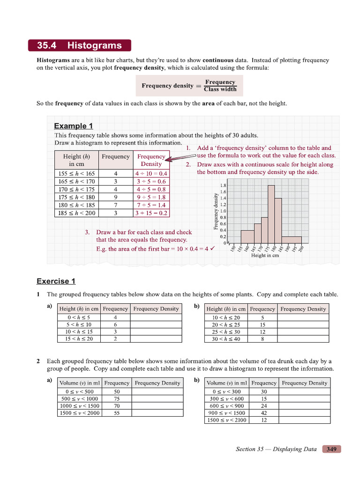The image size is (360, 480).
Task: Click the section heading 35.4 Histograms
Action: point(80,45)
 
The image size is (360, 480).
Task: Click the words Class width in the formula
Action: point(220,90)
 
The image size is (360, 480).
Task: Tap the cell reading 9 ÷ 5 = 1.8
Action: point(151,197)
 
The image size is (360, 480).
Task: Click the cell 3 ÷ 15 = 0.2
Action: point(151,213)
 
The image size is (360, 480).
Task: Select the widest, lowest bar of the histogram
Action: point(291,240)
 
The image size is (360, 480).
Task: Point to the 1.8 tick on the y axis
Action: point(223,185)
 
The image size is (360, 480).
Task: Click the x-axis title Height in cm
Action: point(265,255)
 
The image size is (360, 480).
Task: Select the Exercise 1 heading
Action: point(56,281)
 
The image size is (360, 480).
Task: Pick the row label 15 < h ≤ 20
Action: point(79,339)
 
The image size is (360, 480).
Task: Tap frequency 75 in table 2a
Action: point(117,399)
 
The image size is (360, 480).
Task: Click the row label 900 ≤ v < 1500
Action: point(227,413)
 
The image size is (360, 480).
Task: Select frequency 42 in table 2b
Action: point(263,413)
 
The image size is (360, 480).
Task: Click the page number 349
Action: point(331,449)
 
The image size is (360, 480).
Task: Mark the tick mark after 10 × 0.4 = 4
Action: point(212,248)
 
